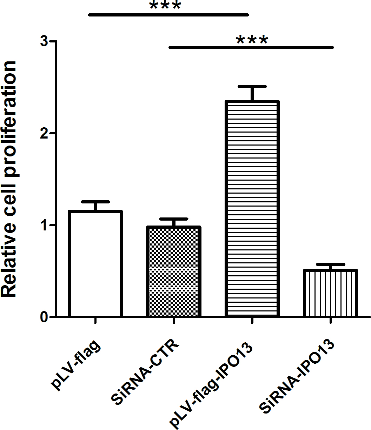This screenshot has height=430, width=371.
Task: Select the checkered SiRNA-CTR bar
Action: [x=173, y=272]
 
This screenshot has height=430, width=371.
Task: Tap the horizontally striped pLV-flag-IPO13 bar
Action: [x=252, y=209]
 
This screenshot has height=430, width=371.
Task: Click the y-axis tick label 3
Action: [x=44, y=42]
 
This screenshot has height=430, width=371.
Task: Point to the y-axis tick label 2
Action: [x=44, y=134]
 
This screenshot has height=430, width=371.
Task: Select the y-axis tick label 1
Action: [x=44, y=225]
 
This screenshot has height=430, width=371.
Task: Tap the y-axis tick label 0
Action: [x=44, y=317]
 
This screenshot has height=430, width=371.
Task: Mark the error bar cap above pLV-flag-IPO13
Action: [x=252, y=86]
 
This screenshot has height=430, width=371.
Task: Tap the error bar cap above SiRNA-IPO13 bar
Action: [x=330, y=264]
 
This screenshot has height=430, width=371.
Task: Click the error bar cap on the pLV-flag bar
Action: [x=95, y=202]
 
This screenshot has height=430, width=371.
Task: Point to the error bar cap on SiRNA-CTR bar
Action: [x=173, y=219]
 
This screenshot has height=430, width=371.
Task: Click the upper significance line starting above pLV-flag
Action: [x=168, y=15]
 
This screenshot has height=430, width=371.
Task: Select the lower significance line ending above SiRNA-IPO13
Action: [x=251, y=47]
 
